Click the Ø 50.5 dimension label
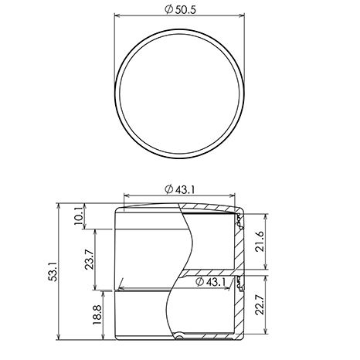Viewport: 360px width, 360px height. (x=180, y=10)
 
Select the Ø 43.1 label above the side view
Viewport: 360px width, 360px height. (x=179, y=190)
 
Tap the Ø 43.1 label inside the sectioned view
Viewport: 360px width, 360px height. (x=211, y=282)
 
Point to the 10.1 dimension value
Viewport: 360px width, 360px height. (x=80, y=216)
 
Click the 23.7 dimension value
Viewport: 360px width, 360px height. (x=89, y=260)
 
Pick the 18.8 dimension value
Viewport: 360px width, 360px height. (x=98, y=315)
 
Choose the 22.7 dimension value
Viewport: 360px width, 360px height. (x=260, y=304)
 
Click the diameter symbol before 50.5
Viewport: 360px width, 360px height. (x=168, y=10)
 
